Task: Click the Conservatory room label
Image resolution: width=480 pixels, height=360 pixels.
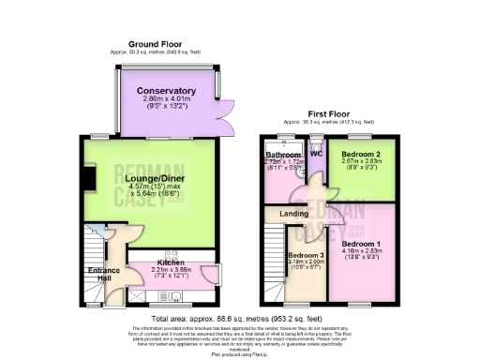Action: click(172, 91)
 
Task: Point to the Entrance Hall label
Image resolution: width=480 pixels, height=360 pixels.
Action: click(102, 274)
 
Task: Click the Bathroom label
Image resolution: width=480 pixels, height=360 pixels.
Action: click(281, 156)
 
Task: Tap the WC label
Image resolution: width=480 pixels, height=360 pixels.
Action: click(316, 153)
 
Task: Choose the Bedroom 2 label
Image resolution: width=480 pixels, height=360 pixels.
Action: click(360, 154)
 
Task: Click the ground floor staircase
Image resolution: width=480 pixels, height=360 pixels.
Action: click(94, 246)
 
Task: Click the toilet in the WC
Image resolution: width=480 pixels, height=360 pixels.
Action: click(316, 165)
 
